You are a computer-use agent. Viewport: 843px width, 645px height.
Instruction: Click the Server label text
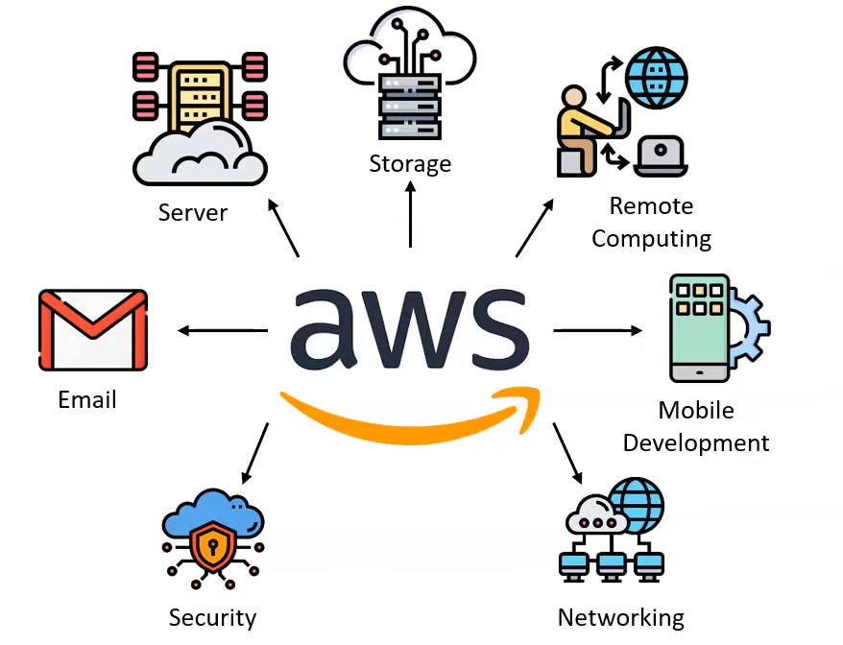pos(193,211)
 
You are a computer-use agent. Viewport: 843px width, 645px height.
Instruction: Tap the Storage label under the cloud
pos(410,164)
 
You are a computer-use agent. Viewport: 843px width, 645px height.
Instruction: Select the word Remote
pos(651,205)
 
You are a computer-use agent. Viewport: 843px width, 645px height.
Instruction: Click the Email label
pos(87,399)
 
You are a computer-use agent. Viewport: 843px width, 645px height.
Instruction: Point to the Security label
pos(212,617)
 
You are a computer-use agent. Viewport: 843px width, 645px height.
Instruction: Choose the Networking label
pos(621,617)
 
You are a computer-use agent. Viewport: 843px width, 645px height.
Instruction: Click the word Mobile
pos(696,410)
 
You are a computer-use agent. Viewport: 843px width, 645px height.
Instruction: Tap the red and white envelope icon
pos(93,329)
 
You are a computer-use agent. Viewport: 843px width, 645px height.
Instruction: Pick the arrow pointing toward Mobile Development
pos(597,331)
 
